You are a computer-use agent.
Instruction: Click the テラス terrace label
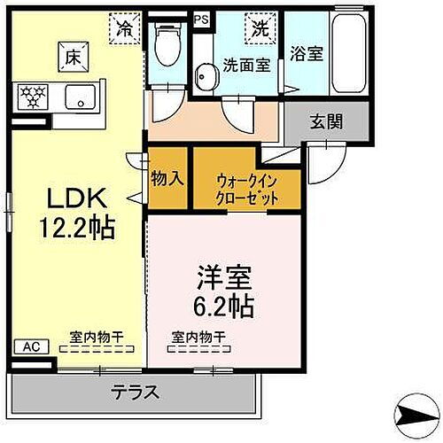(135, 392)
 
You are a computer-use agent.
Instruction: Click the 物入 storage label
(167, 178)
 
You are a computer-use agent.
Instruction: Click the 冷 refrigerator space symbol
(125, 27)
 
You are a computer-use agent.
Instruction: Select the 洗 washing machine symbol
(260, 27)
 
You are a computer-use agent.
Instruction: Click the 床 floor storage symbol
(71, 59)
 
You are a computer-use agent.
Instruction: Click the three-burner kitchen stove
(32, 95)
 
